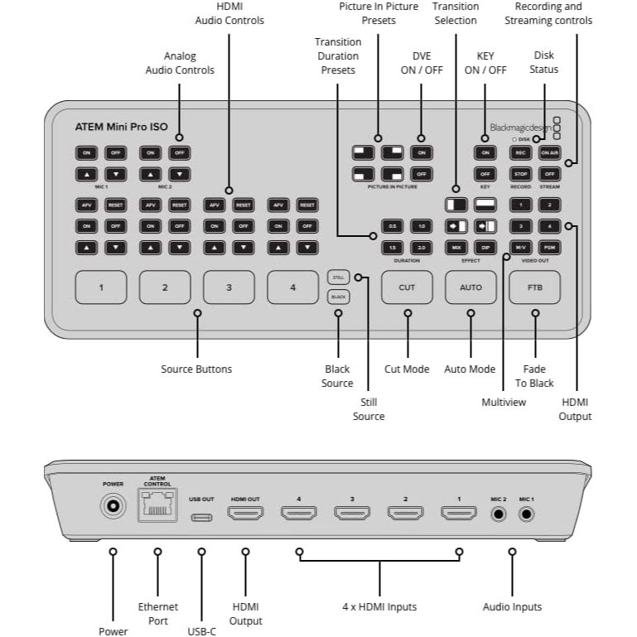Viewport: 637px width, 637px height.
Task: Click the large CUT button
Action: pos(407,287)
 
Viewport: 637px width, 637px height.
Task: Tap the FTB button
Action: pos(535,287)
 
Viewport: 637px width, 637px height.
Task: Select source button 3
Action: pos(229,287)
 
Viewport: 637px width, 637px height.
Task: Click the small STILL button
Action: pos(338,277)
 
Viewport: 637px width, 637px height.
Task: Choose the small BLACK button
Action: pos(338,296)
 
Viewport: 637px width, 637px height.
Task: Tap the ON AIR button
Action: pos(548,152)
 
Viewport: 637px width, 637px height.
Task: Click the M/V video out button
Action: pos(521,247)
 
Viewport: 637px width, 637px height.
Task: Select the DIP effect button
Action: pos(485,247)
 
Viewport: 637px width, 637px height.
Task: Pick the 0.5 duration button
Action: pos(392,226)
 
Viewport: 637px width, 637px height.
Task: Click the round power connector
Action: pos(113,505)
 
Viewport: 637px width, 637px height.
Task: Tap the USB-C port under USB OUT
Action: pos(201,516)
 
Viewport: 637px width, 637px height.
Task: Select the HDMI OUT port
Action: pos(244,514)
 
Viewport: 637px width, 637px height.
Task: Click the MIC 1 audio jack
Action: pos(526,514)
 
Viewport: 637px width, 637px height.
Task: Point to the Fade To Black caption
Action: pos(535,375)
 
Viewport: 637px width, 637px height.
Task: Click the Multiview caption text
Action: pos(504,402)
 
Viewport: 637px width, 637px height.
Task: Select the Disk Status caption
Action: pos(544,63)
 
